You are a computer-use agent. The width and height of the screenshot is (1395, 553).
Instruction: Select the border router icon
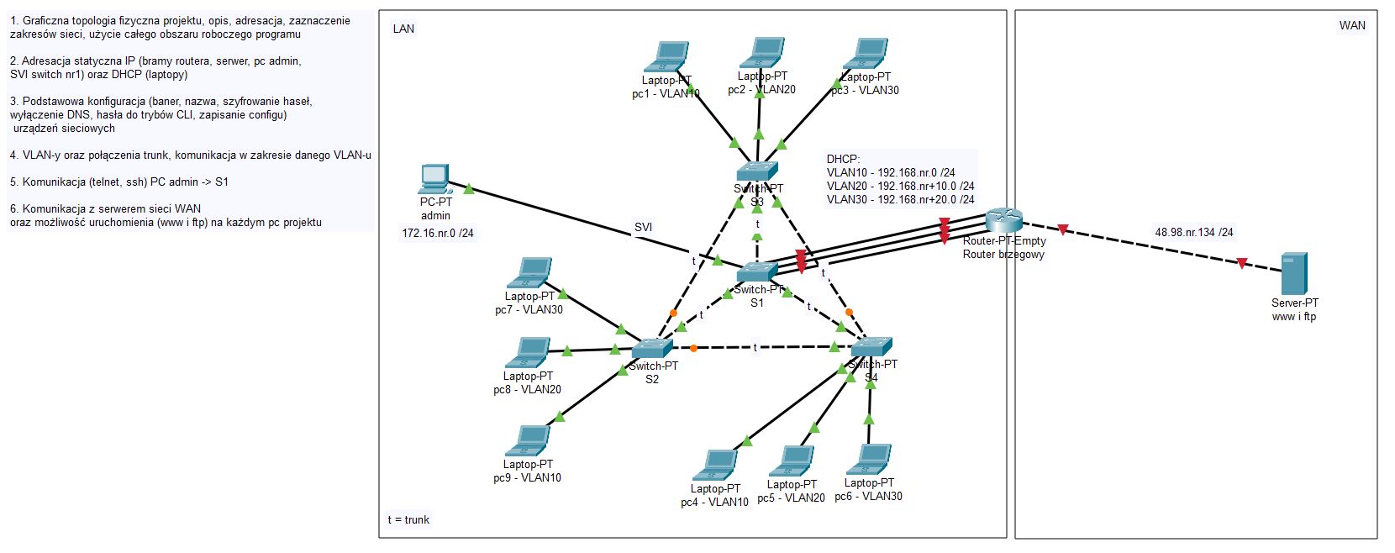1003,220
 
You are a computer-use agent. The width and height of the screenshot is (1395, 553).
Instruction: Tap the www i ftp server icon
1294,274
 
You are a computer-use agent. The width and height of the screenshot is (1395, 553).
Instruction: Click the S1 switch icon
757,271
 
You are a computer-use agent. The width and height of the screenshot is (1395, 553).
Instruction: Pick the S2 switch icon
652,348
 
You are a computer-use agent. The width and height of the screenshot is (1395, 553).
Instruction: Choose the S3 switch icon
757,171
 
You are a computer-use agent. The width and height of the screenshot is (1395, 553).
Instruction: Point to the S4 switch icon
871,346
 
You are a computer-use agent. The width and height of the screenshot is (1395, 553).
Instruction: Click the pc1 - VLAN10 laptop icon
666,57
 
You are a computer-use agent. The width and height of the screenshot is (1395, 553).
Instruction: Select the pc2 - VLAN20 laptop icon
761,52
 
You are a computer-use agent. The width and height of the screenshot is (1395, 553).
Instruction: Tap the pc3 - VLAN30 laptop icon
866,53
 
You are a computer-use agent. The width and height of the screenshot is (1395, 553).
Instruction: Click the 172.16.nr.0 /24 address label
438,233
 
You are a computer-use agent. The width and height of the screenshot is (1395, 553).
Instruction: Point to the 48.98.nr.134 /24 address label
1194,232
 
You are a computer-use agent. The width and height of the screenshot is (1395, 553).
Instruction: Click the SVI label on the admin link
643,227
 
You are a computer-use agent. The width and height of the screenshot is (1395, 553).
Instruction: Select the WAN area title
1352,25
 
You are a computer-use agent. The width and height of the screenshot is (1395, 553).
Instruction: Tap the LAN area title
403,29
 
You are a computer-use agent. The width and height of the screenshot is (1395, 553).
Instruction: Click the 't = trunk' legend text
408,519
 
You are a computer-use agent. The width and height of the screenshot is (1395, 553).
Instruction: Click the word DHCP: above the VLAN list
843,159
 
